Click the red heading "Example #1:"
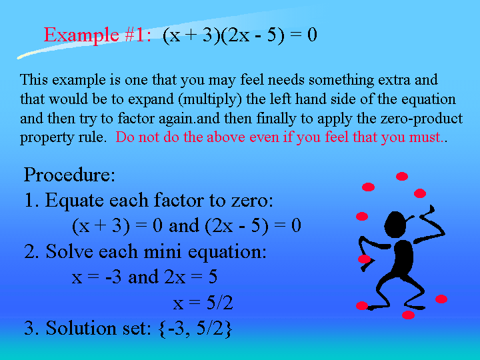[x=97, y=35]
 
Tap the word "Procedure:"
[x=69, y=175]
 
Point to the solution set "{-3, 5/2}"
[x=195, y=328]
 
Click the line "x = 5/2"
[x=203, y=303]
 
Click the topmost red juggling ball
[x=402, y=176]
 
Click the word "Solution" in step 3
[x=81, y=328]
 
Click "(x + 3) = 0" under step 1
[x=117, y=226]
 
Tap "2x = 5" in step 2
[x=191, y=277]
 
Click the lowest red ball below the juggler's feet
[x=408, y=315]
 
